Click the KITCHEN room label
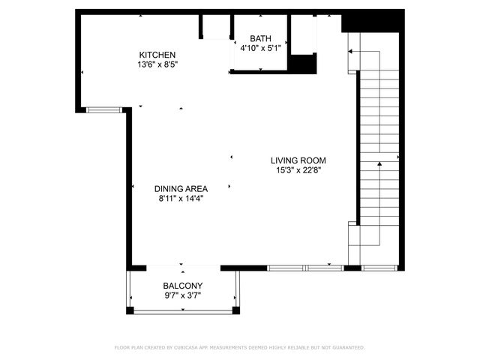point(157,55)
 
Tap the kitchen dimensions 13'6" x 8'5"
point(157,64)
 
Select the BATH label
point(261,39)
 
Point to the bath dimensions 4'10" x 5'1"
point(261,49)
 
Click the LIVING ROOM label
point(298,160)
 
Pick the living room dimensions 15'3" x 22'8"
point(298,169)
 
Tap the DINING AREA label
point(181,189)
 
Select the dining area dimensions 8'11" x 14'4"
point(181,199)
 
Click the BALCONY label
point(183,286)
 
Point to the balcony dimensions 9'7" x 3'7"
point(183,295)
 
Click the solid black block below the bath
point(303,63)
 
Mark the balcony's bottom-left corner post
point(130,310)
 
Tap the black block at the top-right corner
point(351,21)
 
